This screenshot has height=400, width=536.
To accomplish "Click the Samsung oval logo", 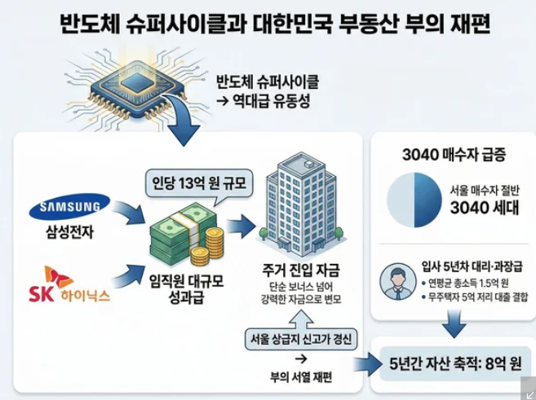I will (69, 209).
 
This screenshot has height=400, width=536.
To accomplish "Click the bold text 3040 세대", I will (485, 209).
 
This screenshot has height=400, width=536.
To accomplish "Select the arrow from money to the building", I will (241, 225).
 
